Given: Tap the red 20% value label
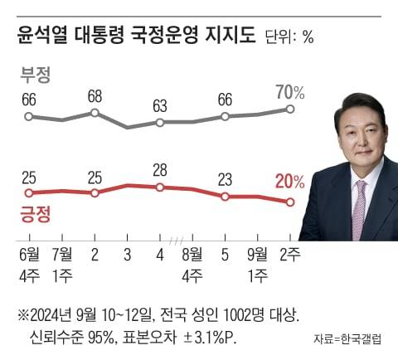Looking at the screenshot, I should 289,182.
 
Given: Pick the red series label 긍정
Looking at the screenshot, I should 35,215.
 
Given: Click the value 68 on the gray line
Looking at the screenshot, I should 95,95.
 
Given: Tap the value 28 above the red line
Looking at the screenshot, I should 161,170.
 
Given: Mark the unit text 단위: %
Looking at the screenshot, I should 289,37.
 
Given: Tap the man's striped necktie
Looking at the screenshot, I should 359,207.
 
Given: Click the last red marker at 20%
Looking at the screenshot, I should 289,202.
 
